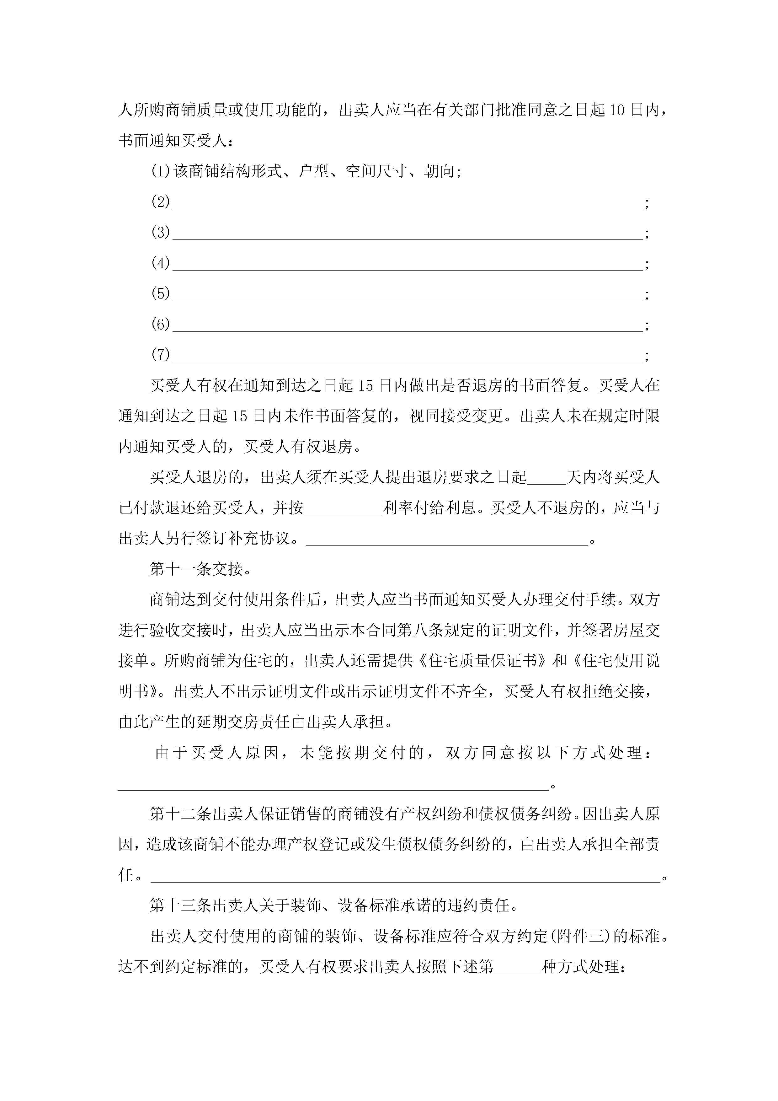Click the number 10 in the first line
[x=617, y=110]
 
